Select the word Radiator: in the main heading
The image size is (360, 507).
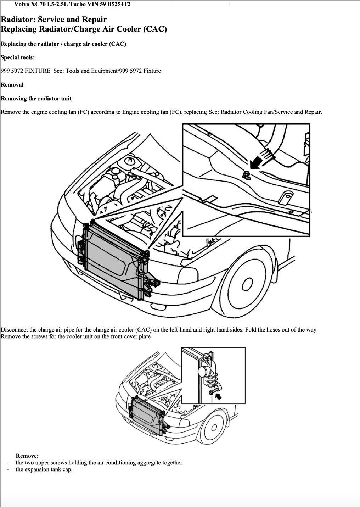click(18, 19)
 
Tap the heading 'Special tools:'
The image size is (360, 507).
click(18, 57)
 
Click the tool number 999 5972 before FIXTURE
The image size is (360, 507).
click(12, 71)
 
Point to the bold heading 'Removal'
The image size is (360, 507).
click(12, 85)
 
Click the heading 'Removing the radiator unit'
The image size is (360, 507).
click(36, 99)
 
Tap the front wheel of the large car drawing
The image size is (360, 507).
click(247, 283)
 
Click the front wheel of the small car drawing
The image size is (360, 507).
click(213, 427)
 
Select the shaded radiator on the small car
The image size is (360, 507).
click(146, 415)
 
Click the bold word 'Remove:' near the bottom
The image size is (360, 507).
click(27, 456)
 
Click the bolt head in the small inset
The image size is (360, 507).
click(211, 392)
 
